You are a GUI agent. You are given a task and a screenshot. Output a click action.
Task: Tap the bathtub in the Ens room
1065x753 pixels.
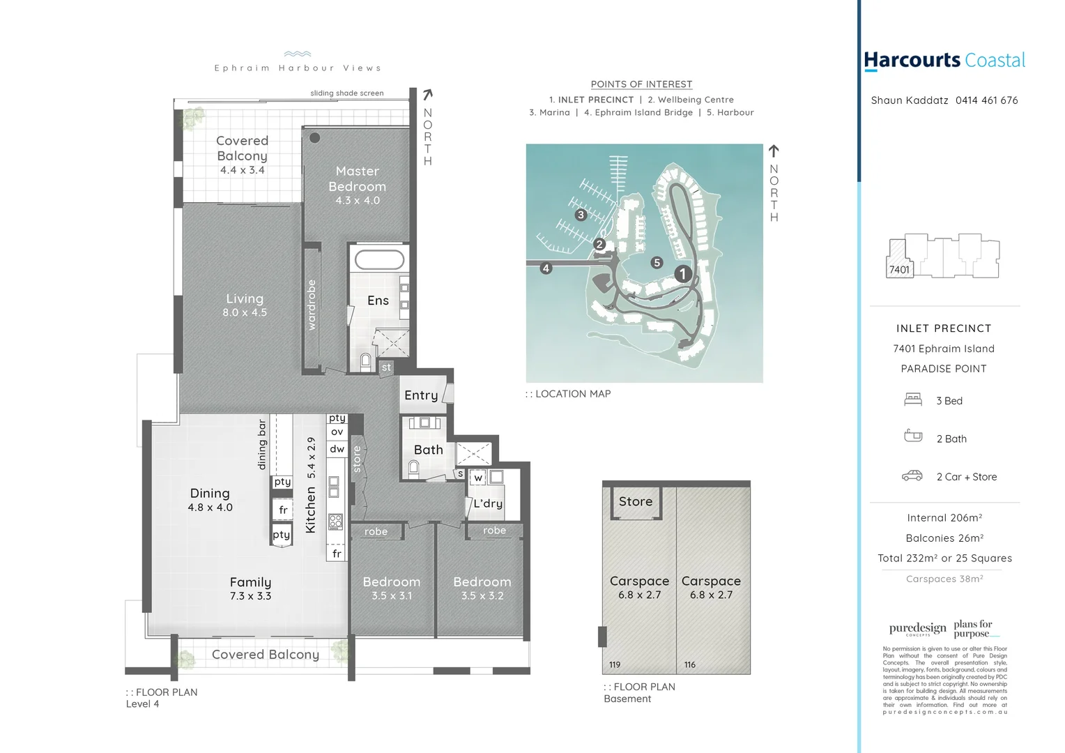coord(379,261)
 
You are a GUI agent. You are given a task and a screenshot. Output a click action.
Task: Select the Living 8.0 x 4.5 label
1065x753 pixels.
coord(245,305)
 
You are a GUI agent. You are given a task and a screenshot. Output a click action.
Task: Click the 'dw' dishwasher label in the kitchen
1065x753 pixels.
coord(337,449)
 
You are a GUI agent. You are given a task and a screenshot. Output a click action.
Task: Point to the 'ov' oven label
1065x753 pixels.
coord(337,432)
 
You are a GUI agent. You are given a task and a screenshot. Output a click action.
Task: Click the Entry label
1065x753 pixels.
coord(421,395)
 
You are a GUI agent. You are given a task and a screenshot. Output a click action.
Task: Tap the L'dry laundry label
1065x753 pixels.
coord(488,503)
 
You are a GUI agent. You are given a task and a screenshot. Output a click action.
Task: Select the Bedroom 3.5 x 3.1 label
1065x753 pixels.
coord(392,588)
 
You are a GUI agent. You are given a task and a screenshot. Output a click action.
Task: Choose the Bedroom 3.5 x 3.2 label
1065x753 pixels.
coord(482,588)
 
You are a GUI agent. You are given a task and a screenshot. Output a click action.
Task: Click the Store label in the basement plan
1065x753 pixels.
coord(636,501)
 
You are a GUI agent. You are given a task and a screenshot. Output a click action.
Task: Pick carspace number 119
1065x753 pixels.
coord(615,664)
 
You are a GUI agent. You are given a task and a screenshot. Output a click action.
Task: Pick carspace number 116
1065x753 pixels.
coord(690,664)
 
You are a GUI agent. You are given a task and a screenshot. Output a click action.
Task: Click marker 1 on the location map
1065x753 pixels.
coord(683,274)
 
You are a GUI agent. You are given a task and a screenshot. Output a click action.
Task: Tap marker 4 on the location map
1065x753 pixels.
coord(546,268)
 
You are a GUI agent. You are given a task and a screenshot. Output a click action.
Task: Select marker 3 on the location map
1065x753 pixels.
coord(581,215)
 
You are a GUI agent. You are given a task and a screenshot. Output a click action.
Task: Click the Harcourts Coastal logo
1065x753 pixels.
coord(944,61)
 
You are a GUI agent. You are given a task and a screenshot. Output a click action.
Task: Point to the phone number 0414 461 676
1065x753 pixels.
coord(986,100)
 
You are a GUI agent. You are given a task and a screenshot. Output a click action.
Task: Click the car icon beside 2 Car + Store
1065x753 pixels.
coord(912,476)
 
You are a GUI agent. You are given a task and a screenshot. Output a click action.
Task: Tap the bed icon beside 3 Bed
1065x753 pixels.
coord(913,400)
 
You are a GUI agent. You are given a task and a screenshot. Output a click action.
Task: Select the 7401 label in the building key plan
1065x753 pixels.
coord(899,269)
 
